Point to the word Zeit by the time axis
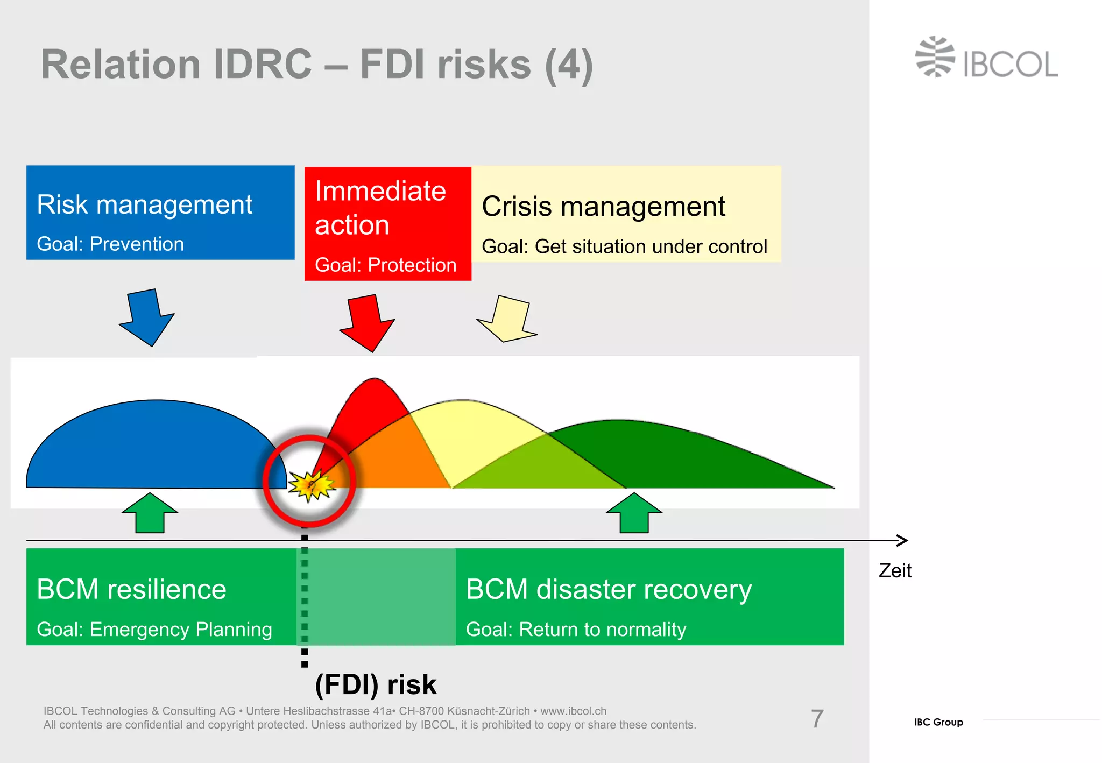pyautogui.click(x=895, y=570)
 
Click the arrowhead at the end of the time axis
pyautogui.click(x=903, y=540)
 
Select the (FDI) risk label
pyautogui.click(x=376, y=684)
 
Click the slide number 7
pyautogui.click(x=817, y=719)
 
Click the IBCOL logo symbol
pyautogui.click(x=935, y=57)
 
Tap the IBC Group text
pyautogui.click(x=938, y=722)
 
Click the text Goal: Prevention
pyautogui.click(x=110, y=244)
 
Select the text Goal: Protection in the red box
pyautogui.click(x=385, y=265)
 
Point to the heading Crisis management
pyautogui.click(x=603, y=207)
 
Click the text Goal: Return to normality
pyautogui.click(x=576, y=629)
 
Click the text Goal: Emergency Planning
pyautogui.click(x=154, y=629)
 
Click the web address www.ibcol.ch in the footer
pyautogui.click(x=573, y=711)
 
